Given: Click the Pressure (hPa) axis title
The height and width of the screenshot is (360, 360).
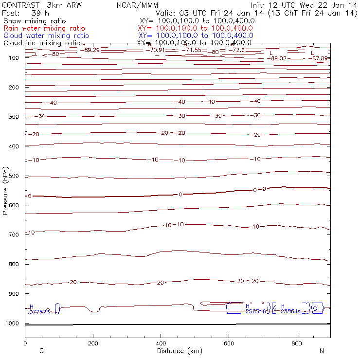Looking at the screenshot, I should pyautogui.click(x=5, y=191).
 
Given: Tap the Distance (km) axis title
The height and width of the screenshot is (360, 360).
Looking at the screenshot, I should pyautogui.click(x=178, y=351).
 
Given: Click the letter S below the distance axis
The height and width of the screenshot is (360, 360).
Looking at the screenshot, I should pyautogui.click(x=41, y=351).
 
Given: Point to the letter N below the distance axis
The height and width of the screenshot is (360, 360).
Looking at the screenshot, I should pyautogui.click(x=321, y=351).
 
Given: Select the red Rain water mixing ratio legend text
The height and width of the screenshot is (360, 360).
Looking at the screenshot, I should pyautogui.click(x=44, y=28).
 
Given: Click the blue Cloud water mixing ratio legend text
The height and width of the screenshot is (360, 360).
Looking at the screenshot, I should pyautogui.click(x=46, y=36).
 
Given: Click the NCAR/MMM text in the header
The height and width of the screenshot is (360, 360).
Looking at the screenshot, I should pyautogui.click(x=138, y=5).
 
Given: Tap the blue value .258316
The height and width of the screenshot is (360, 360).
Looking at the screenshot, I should pyautogui.click(x=256, y=312).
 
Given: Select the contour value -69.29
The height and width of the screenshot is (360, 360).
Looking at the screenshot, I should pyautogui.click(x=92, y=50).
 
